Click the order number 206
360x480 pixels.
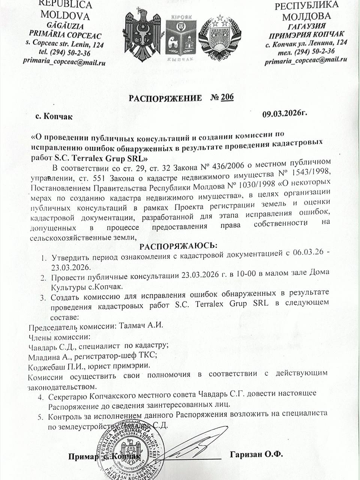[x=227, y=97]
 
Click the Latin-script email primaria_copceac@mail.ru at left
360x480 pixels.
[x=64, y=61]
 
